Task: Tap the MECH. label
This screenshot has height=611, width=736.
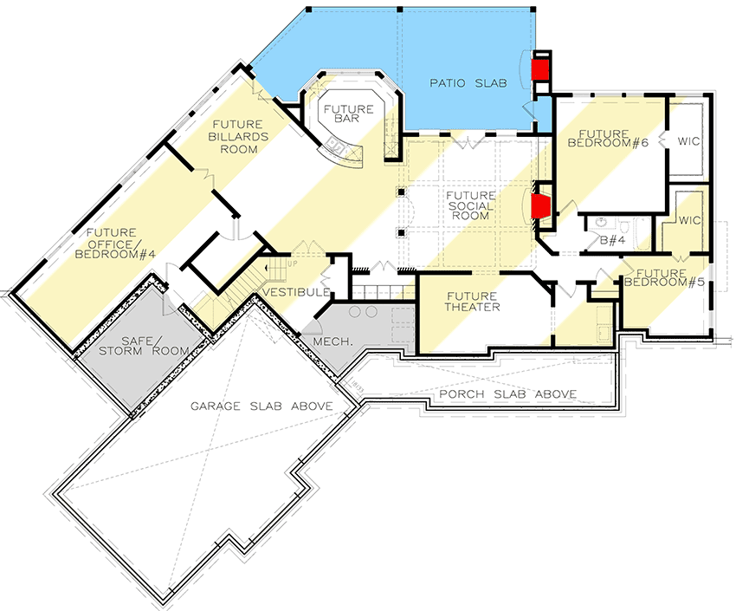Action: (x=332, y=341)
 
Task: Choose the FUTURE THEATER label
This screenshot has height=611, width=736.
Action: (x=473, y=302)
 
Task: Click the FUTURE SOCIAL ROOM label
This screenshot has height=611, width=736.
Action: (x=471, y=206)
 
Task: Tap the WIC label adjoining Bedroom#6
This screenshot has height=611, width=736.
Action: (x=689, y=140)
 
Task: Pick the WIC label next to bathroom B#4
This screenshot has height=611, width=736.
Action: (x=690, y=220)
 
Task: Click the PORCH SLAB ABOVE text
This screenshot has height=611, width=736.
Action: (x=507, y=394)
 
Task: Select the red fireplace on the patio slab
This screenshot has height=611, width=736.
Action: (x=540, y=69)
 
